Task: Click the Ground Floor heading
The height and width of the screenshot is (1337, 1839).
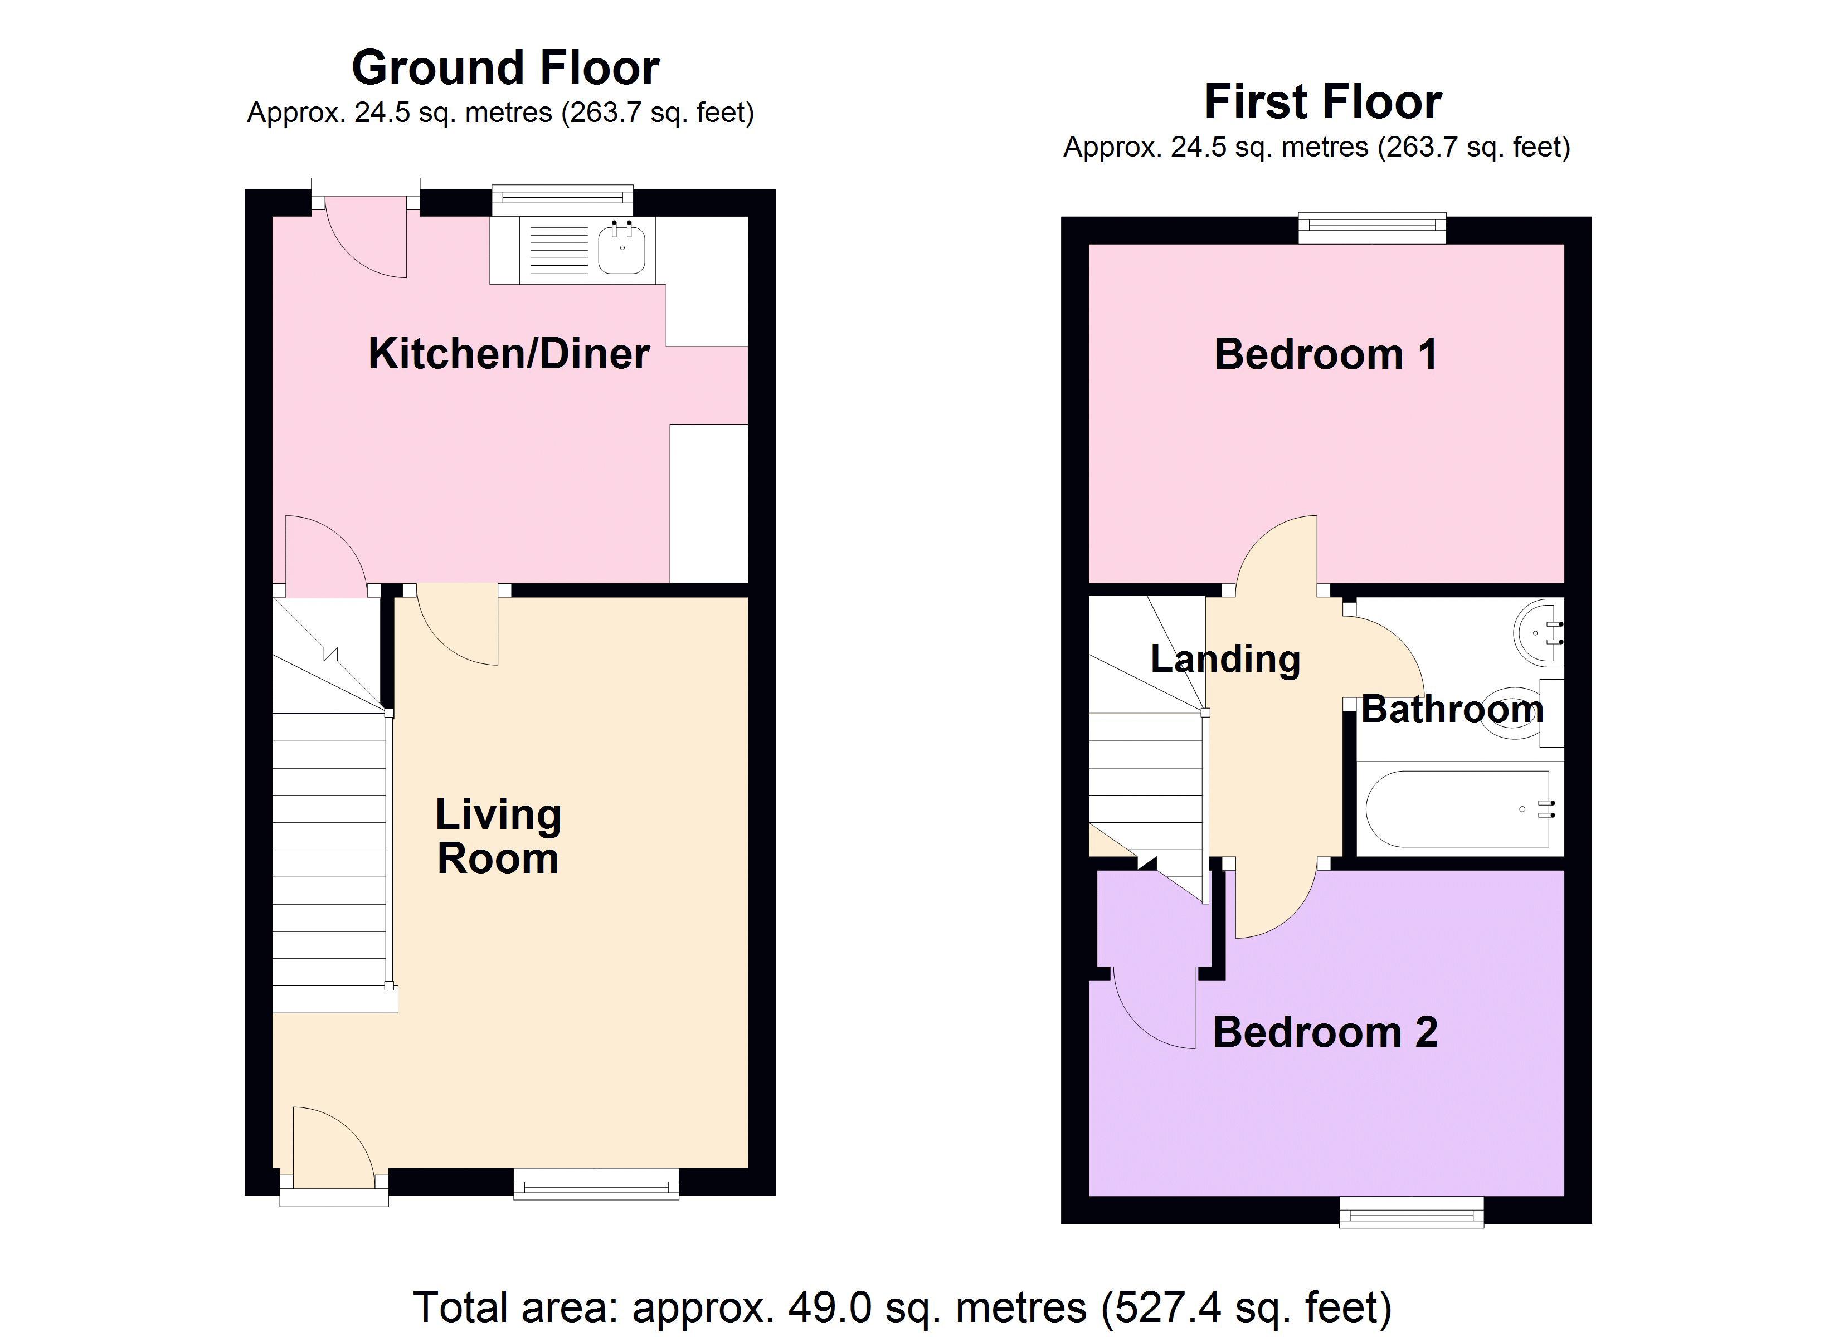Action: click(x=505, y=68)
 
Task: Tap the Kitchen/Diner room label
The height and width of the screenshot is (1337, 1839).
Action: click(x=508, y=354)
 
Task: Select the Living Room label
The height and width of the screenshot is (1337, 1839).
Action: click(x=498, y=837)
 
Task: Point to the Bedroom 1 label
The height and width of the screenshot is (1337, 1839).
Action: click(x=1326, y=354)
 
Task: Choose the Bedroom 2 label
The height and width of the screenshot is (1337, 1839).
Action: click(x=1325, y=1033)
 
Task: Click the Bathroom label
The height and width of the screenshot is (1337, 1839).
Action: click(x=1451, y=709)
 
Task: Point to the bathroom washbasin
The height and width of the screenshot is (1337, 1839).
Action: click(x=1538, y=631)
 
